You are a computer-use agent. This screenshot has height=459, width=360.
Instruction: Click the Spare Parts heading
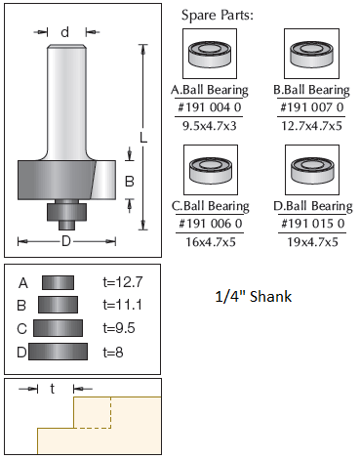coord(217,16)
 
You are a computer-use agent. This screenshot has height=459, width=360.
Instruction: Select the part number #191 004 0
coord(210,107)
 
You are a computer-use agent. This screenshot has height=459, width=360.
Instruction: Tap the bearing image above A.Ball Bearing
coord(210,54)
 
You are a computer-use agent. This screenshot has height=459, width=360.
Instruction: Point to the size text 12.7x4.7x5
coord(311,126)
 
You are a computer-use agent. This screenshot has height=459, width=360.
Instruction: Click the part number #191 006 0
coord(211,224)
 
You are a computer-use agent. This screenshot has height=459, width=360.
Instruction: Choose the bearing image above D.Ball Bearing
coord(312,170)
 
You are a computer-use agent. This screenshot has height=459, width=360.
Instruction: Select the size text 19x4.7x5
coord(312,242)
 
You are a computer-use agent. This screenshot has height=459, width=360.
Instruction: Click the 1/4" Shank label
coord(254,297)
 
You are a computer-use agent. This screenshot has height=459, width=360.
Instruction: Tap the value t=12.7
coord(123,282)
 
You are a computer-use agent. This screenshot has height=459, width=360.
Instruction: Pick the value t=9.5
coord(119,328)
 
